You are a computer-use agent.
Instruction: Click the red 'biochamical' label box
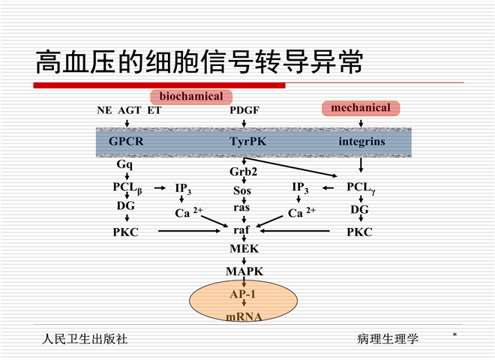pos(190,97)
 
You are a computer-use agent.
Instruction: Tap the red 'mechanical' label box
pos(361,108)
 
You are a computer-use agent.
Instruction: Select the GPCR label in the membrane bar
pos(126,141)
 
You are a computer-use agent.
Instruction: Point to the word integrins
pos(361,141)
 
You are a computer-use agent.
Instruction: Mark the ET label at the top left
pos(154,110)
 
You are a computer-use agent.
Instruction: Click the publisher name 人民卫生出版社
pos(85,339)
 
